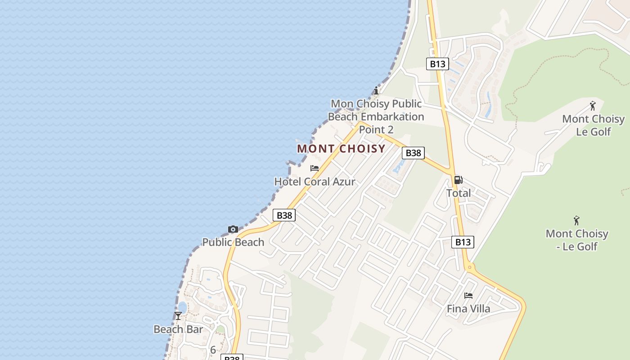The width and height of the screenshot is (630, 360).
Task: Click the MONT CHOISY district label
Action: coord(341,148)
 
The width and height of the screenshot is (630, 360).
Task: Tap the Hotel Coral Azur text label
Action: coord(315,182)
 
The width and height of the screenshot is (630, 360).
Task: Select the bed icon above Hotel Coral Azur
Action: coord(315,168)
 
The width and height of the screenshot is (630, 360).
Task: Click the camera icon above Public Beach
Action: coord(233,229)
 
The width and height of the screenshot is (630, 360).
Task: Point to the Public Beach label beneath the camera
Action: coord(233,242)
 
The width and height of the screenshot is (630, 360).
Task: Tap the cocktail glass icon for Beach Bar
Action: coord(178,316)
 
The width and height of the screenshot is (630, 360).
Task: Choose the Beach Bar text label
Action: coord(178,329)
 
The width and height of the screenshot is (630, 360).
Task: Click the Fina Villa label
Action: coord(468,309)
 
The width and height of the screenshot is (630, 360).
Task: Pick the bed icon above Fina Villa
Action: coord(468,296)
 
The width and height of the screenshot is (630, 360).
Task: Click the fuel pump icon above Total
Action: coord(458,180)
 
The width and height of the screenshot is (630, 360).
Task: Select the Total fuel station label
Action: coord(458,193)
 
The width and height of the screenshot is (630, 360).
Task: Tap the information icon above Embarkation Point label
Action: coord(376,90)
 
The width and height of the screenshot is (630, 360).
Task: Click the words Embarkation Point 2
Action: coord(376,123)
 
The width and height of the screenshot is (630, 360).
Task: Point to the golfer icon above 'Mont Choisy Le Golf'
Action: coord(593,106)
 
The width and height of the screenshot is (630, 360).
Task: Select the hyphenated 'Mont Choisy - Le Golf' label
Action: coord(576,240)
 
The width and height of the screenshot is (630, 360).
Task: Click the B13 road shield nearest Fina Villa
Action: coord(463,242)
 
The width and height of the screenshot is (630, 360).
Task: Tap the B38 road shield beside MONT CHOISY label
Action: coord(413,153)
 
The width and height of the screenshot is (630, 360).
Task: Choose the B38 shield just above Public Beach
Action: coord(284,215)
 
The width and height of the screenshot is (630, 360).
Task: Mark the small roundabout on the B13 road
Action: coord(470,267)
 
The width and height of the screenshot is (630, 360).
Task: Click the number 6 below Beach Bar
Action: coord(213,350)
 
